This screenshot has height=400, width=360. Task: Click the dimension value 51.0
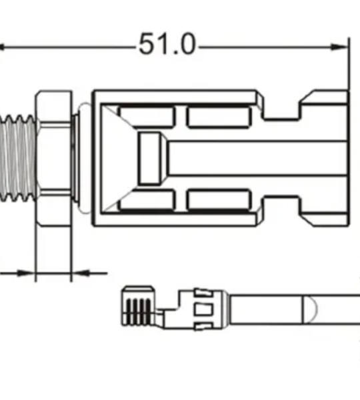pos(167,45)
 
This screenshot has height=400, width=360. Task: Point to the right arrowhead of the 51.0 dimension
pos(343,47)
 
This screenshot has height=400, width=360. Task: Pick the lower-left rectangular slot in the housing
pos(146,199)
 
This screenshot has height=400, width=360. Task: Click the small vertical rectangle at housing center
pos(150,157)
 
